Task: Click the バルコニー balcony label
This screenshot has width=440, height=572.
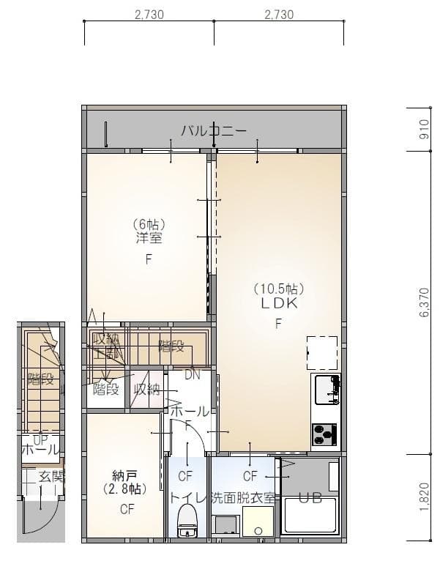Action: click(x=214, y=132)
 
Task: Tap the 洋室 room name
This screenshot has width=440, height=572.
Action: click(x=149, y=239)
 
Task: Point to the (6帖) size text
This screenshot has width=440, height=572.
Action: click(x=149, y=224)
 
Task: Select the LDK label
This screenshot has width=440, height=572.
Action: click(x=279, y=304)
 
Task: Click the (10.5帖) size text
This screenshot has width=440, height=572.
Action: click(x=279, y=289)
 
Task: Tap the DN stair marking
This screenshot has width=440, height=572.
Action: click(x=193, y=375)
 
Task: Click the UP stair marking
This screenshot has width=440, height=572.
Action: click(x=40, y=439)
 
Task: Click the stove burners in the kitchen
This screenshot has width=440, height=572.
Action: click(x=324, y=434)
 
